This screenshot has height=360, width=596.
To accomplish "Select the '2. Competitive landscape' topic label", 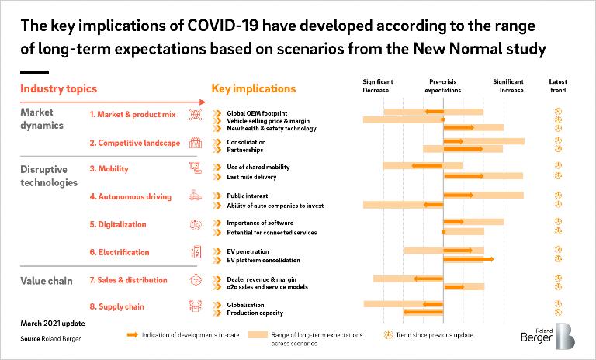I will point(134,143).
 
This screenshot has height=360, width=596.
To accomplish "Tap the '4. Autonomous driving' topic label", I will point(130,197).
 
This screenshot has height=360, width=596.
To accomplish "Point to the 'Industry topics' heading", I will point(53,89).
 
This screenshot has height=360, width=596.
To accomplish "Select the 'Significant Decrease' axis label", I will point(378,86).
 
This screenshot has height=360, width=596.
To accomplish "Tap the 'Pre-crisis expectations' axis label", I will point(443,86).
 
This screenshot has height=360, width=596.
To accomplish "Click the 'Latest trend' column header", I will point(557,86).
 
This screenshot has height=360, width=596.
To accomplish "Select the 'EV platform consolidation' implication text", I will point(263,260).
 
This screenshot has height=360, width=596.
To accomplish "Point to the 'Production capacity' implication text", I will point(255,313).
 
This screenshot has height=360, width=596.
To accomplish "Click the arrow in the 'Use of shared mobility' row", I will point(427,166).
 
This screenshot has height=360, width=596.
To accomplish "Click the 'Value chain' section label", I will point(46,281).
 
